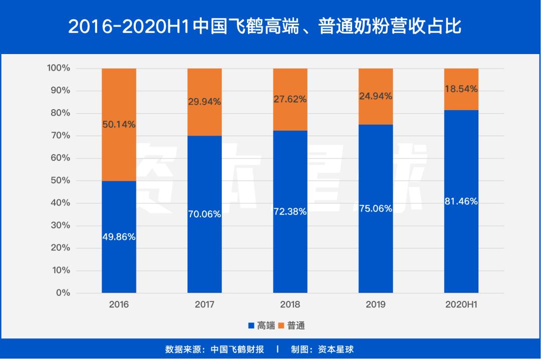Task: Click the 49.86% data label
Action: coord(119,237)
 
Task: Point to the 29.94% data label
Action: coord(204,102)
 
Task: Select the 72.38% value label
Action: coord(290,211)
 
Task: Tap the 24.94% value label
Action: coord(376,96)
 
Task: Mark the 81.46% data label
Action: coord(461,202)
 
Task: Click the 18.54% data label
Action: coord(461,89)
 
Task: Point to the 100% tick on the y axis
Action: coord(59,68)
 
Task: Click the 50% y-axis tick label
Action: coord(61,181)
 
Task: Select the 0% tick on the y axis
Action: coord(63,293)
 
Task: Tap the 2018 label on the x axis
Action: coord(290,304)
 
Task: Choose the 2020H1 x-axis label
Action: coord(461,304)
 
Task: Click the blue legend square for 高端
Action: coord(251,326)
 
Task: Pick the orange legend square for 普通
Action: coord(281,326)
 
